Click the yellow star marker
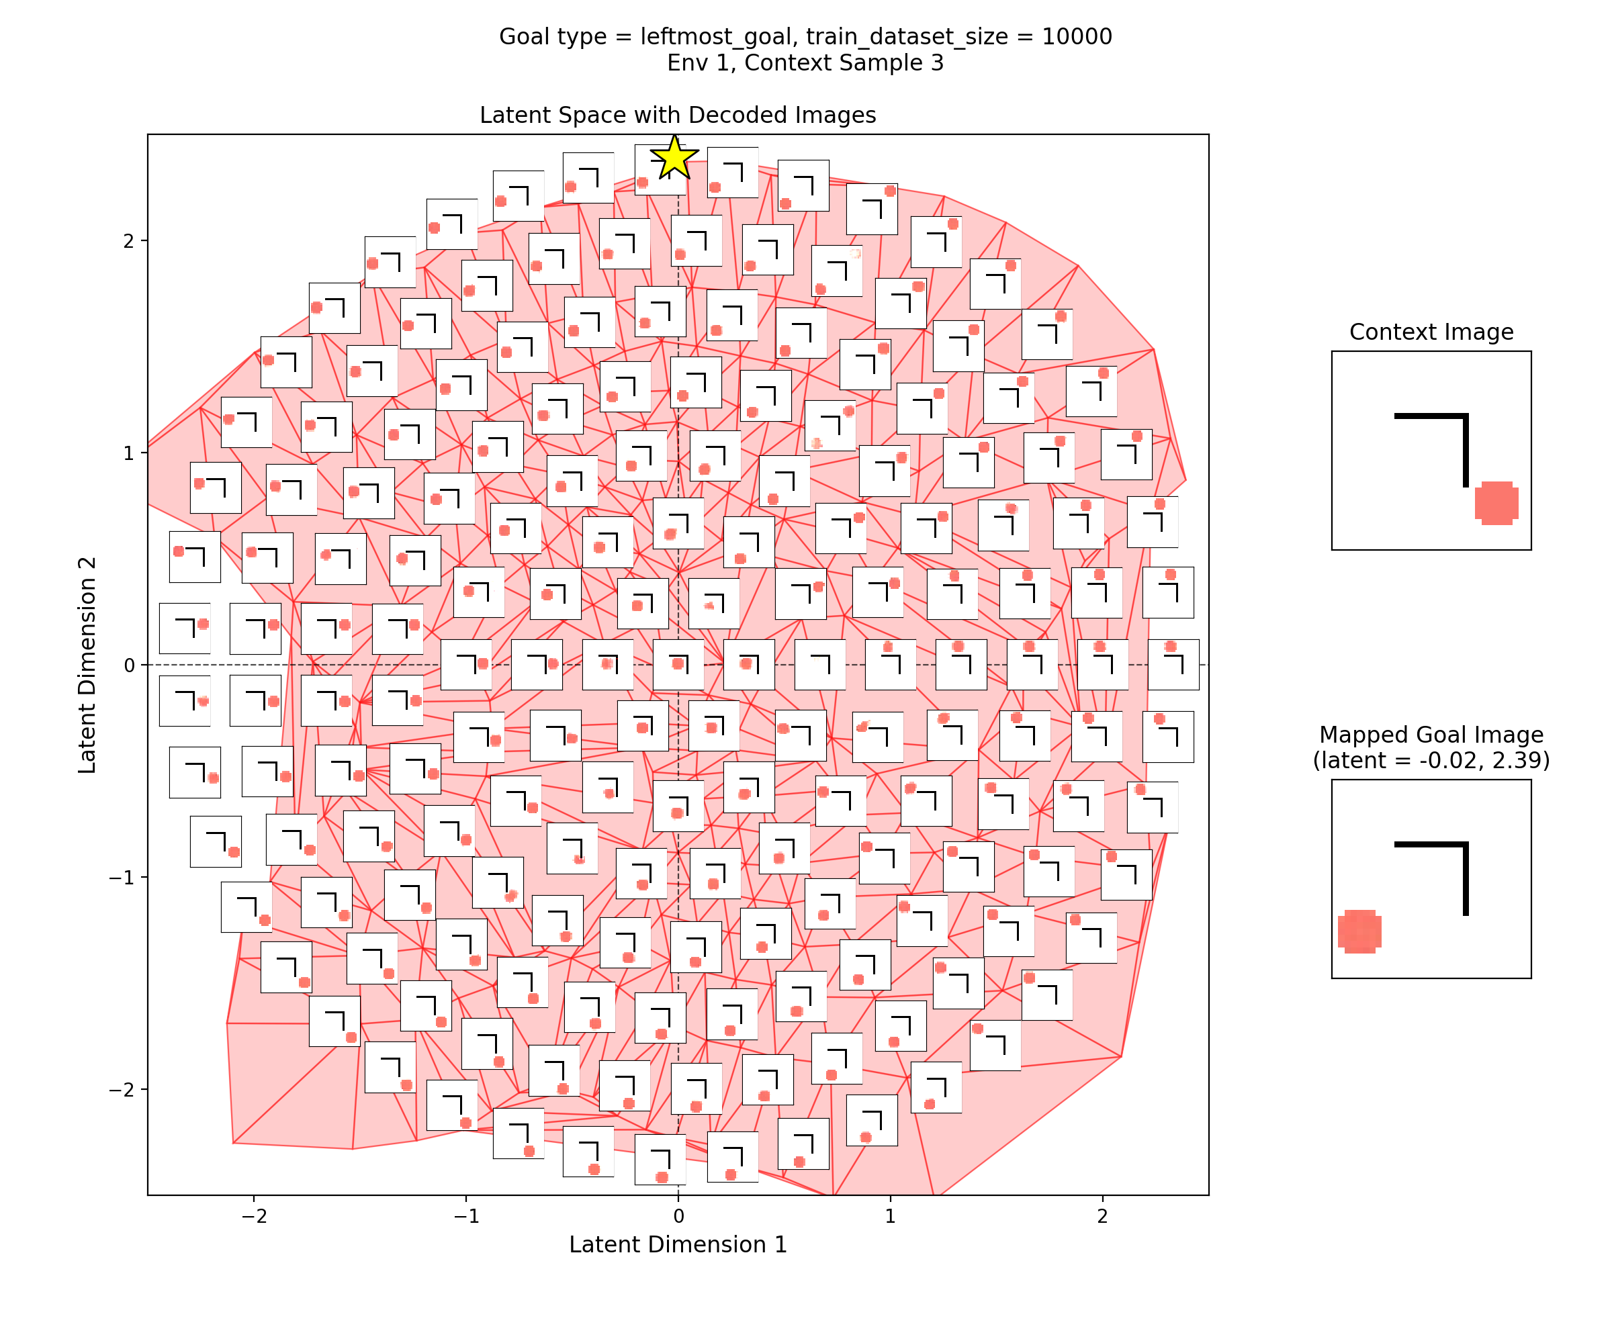tap(674, 157)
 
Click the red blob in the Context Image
tap(1496, 504)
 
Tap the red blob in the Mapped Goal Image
tap(1359, 931)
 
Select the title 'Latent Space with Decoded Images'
tap(677, 115)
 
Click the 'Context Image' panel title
tap(1431, 332)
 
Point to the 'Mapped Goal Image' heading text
tap(1431, 735)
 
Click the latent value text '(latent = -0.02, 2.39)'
tap(1431, 761)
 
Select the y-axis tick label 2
tap(128, 241)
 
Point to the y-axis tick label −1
tap(122, 877)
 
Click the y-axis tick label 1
tap(128, 453)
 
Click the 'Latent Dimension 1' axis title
tap(678, 1245)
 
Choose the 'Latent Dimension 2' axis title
tap(87, 665)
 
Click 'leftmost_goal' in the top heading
tap(716, 37)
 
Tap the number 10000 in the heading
tap(1076, 37)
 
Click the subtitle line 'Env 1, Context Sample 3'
tap(805, 63)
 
